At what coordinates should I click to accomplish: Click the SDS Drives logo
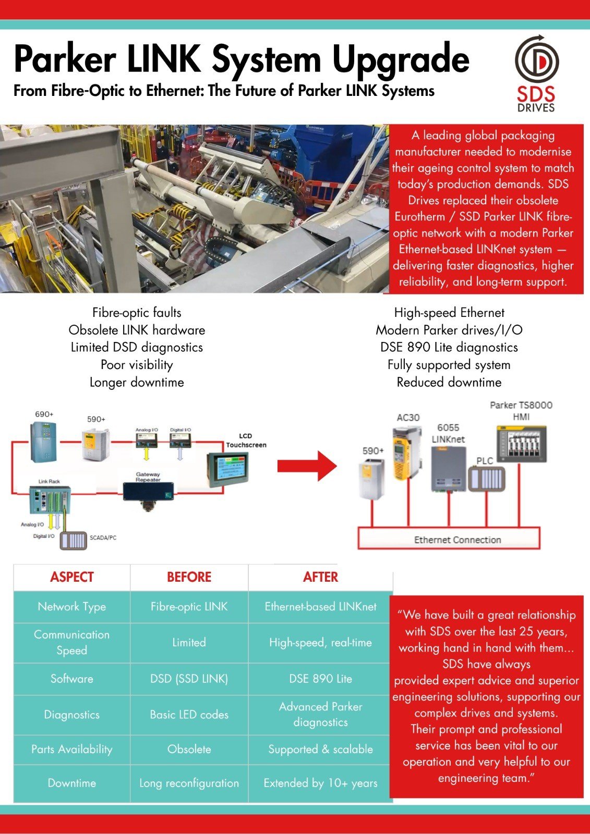[536, 73]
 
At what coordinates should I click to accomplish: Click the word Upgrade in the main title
[401, 60]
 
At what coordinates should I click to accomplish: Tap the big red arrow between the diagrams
[307, 465]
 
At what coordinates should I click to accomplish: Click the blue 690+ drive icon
[43, 442]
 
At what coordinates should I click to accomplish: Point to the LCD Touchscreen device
[228, 470]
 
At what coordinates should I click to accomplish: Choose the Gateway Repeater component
[149, 492]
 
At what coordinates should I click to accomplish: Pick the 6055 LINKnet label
[448, 433]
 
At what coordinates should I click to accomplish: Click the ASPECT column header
[72, 577]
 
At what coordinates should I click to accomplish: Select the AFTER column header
[320, 577]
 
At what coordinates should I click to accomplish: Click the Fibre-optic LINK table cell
[189, 607]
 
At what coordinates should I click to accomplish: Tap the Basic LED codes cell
[189, 715]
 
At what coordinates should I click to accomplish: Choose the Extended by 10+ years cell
[320, 783]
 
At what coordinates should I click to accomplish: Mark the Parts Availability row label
[72, 749]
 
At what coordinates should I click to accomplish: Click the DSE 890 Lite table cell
[320, 679]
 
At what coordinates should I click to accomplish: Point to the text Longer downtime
[137, 382]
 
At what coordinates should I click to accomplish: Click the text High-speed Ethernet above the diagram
[449, 313]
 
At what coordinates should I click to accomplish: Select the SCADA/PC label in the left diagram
[103, 537]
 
